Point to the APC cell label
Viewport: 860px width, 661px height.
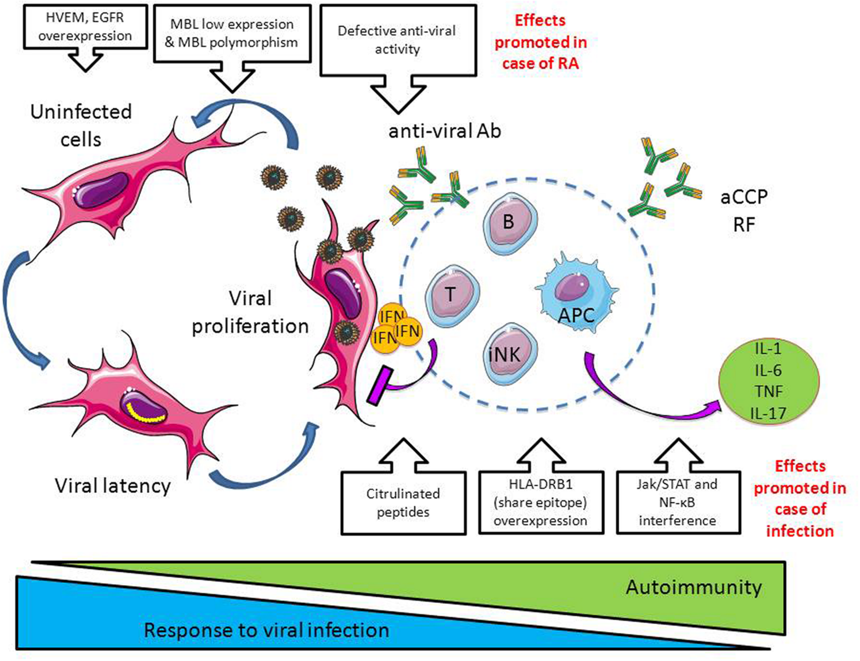(x=576, y=315)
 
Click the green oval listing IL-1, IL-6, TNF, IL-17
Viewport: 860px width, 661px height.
(x=768, y=381)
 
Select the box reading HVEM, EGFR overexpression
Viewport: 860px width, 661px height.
(x=85, y=27)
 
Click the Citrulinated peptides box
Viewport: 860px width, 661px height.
(x=403, y=503)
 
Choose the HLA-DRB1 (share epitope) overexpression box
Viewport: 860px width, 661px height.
(x=541, y=502)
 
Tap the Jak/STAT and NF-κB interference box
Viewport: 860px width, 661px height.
(x=678, y=502)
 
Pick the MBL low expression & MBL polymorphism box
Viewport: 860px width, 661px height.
(x=232, y=33)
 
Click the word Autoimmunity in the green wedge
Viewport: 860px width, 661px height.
(x=694, y=587)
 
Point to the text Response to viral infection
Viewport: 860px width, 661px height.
(x=266, y=630)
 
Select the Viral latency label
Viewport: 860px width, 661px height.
(x=113, y=486)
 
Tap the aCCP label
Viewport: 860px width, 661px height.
(x=744, y=197)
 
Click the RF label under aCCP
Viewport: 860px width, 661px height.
(x=744, y=225)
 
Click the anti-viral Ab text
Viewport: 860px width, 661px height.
(x=445, y=131)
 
